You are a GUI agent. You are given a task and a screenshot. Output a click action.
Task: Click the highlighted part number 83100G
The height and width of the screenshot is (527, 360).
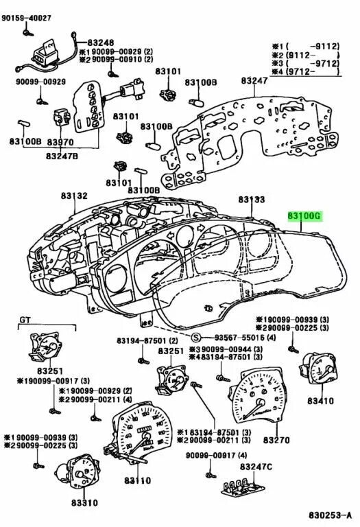pos(304,215)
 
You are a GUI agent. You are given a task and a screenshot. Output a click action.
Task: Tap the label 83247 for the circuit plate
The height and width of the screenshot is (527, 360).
pos(253,81)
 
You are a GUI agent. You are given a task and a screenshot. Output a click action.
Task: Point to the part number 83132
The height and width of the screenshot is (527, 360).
pos(73,196)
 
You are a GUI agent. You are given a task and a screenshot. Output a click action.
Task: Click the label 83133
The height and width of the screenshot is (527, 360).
pos(251,199)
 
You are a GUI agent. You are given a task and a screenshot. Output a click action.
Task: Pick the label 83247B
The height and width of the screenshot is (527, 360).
pos(62,156)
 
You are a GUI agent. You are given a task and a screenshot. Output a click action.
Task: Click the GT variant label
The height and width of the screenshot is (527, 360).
pos(25,320)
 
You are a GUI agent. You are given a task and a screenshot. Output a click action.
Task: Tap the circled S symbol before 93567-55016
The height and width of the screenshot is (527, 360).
pos(196,338)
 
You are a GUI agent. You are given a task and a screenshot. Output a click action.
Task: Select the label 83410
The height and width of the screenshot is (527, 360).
pos(320,399)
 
